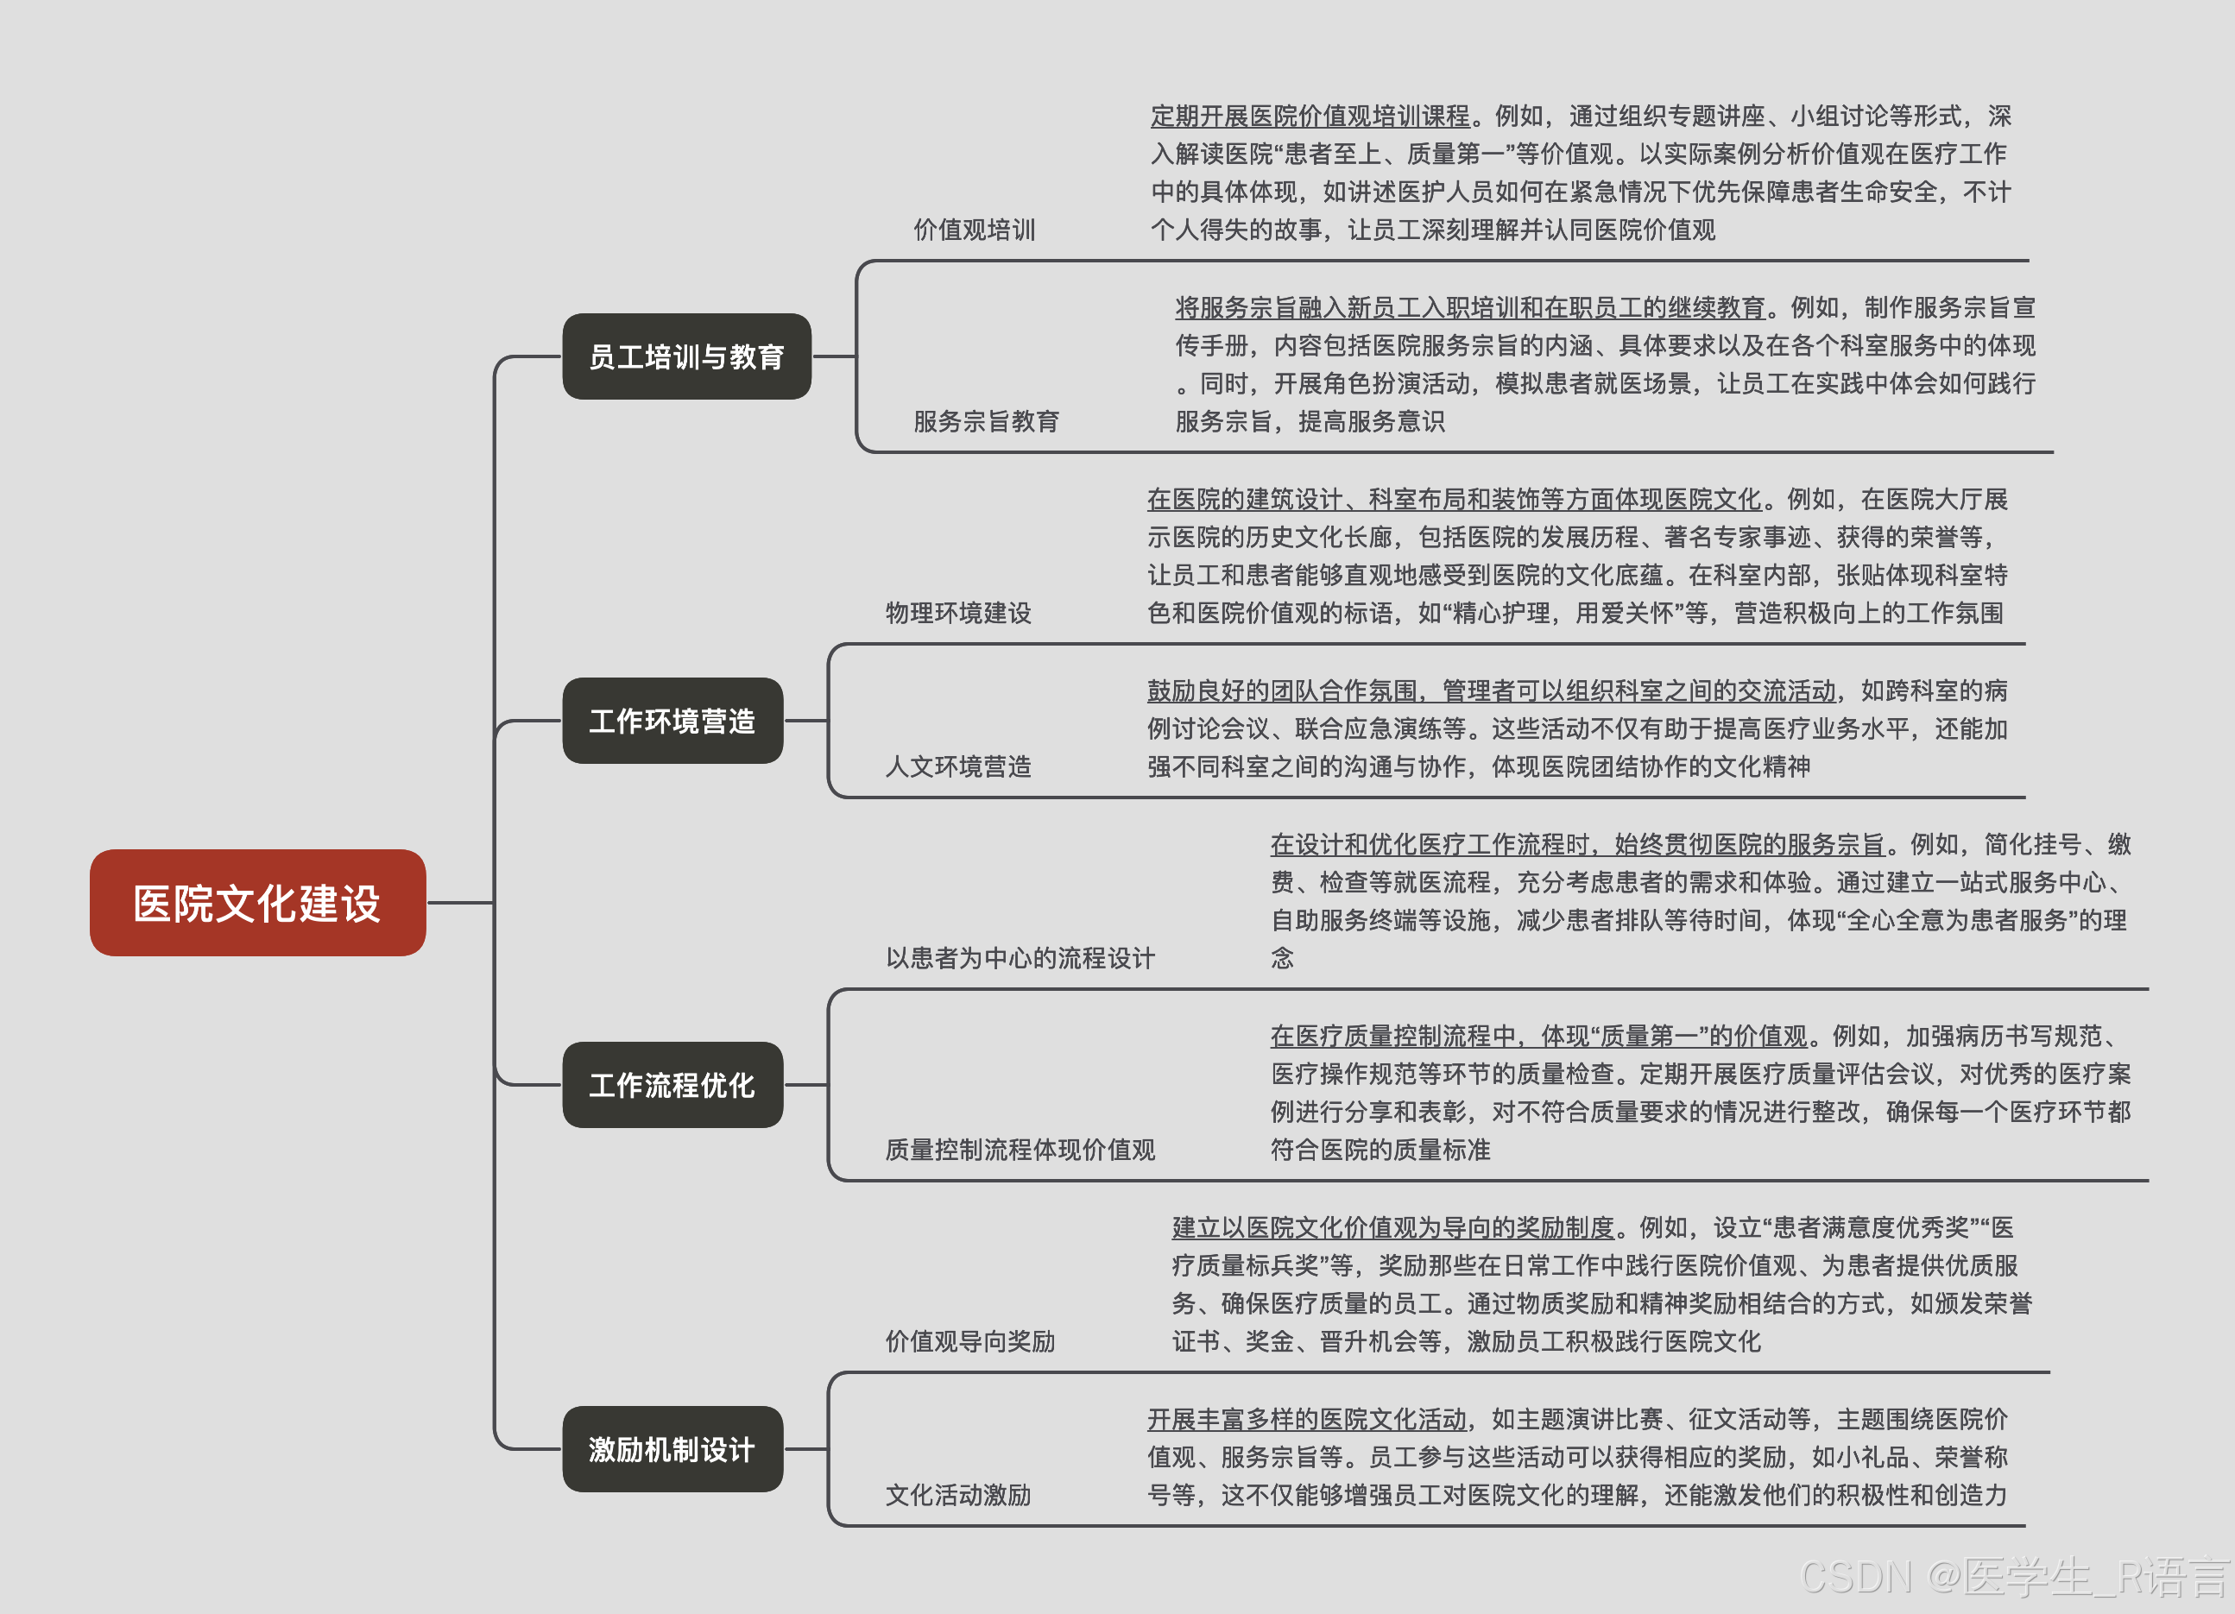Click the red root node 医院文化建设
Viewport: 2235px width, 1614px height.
tap(257, 903)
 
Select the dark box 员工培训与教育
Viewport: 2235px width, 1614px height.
tap(686, 356)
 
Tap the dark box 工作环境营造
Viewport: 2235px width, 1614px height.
tap(672, 721)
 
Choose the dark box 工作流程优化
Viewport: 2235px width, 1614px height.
tap(672, 1085)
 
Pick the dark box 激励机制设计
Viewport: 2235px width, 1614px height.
tap(672, 1448)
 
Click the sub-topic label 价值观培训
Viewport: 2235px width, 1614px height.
tap(974, 230)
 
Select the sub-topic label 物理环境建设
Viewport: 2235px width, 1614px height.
tap(958, 613)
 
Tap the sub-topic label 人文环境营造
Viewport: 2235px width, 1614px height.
tap(958, 766)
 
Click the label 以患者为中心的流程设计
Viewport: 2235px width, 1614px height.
tap(1020, 958)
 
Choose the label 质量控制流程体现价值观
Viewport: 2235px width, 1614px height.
tap(1020, 1149)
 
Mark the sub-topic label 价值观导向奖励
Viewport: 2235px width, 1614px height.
tap(969, 1341)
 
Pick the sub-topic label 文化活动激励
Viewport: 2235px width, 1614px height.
tap(958, 1494)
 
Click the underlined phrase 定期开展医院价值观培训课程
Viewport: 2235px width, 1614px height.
tap(1310, 117)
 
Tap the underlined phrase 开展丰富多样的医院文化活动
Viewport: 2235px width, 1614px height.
tap(1307, 1419)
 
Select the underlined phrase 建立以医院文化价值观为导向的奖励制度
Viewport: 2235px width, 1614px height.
tap(1392, 1226)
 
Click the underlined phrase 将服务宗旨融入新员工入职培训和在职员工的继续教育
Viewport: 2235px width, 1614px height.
tap(1469, 307)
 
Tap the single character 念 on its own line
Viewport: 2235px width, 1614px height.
tap(1282, 958)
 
